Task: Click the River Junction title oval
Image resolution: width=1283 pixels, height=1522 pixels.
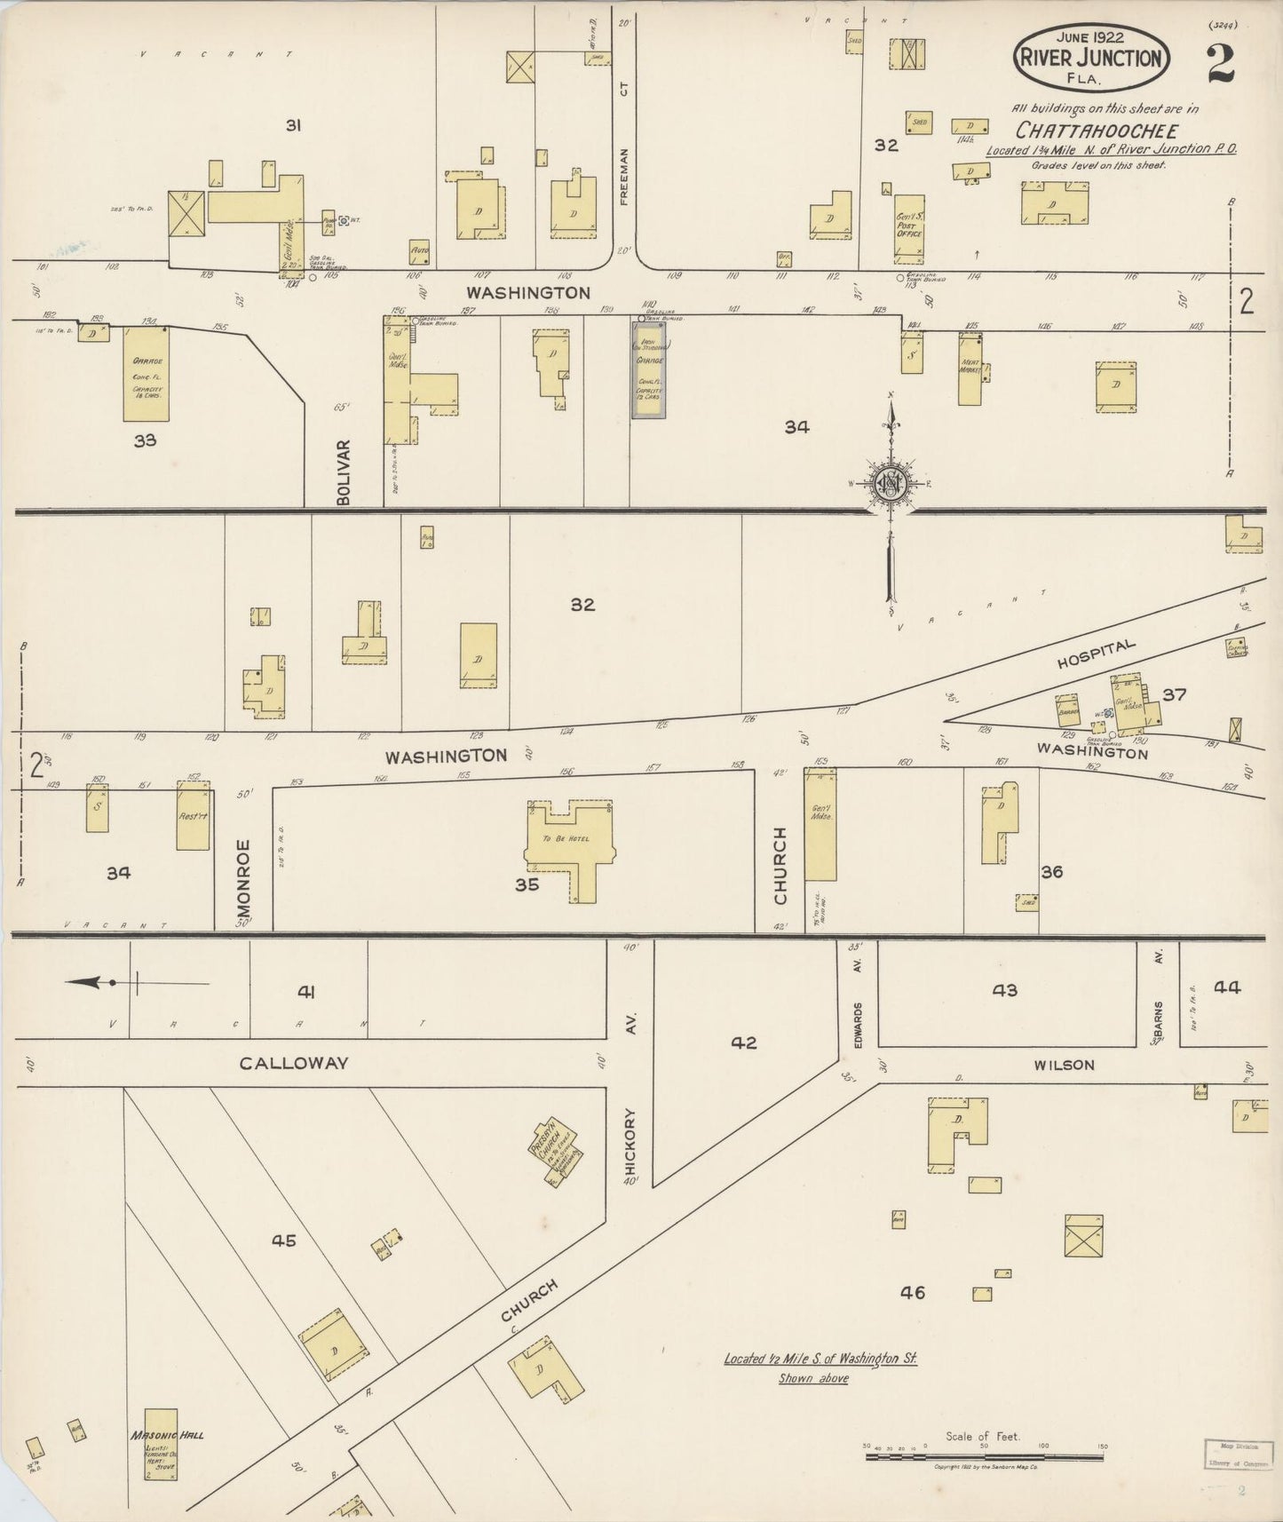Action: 1091,57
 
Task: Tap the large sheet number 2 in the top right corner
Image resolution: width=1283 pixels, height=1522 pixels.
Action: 1222,61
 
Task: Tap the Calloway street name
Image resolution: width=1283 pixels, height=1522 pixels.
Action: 293,1063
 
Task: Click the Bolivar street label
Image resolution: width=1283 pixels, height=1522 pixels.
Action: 345,472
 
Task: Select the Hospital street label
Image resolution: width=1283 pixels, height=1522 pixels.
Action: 1096,655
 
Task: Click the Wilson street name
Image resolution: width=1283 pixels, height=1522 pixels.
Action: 1064,1065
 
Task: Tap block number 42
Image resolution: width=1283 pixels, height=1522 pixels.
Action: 744,1042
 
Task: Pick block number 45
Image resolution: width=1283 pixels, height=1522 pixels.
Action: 283,1241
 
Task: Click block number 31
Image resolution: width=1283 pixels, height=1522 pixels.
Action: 293,126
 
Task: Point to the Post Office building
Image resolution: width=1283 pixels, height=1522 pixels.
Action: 908,229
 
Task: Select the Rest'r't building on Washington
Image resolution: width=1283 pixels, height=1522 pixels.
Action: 193,815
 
